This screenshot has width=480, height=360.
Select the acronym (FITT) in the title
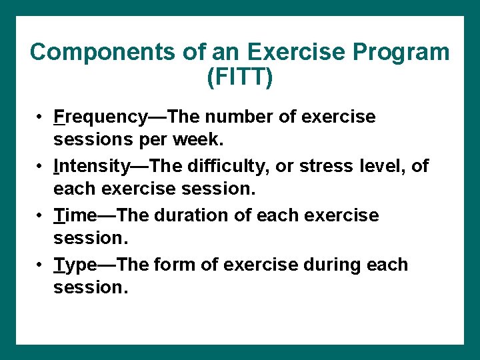(240, 77)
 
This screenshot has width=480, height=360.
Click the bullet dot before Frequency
(41, 117)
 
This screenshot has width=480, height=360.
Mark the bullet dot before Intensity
(41, 166)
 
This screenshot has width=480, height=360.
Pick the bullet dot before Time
(41, 215)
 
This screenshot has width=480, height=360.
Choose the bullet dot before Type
(41, 265)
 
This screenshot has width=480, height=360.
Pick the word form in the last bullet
(171, 265)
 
